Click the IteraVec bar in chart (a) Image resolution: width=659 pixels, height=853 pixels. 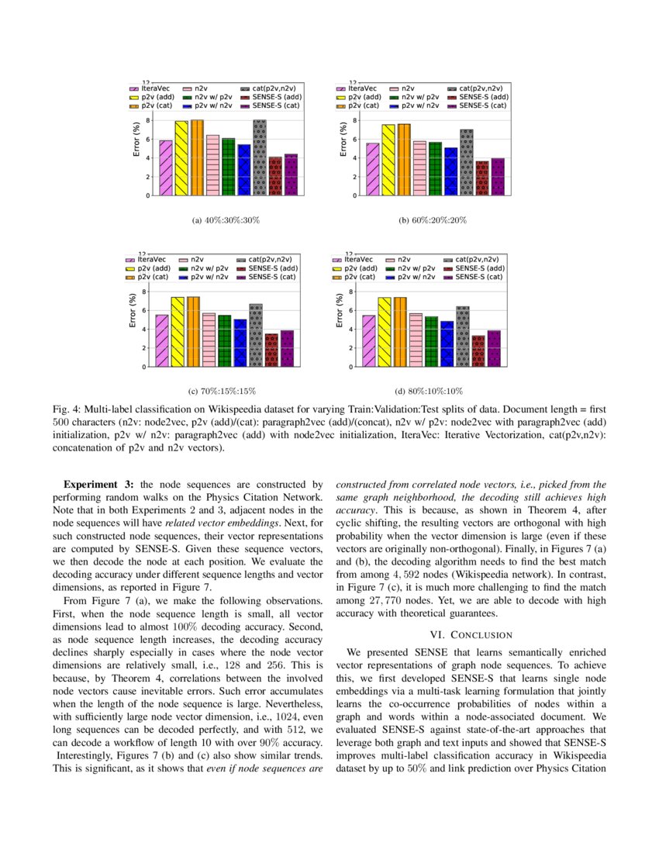coord(166,167)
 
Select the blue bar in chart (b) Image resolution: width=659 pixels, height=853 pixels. coord(450,171)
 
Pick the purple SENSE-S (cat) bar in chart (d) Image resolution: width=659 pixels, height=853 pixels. coord(494,348)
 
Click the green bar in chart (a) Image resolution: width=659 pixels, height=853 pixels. coord(228,167)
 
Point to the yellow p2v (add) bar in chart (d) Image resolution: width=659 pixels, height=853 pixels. coord(385,332)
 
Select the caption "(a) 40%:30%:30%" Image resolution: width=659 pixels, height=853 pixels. coord(225,220)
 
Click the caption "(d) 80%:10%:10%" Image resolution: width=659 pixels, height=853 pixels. coord(432,392)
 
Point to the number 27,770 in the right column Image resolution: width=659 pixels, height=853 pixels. coord(392,599)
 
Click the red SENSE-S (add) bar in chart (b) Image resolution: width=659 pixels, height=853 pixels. coord(481,178)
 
